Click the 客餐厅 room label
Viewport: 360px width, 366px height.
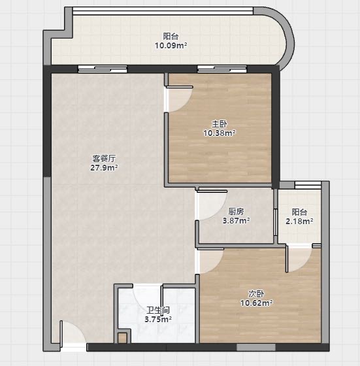coord(104,159)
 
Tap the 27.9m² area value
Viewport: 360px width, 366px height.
coord(104,167)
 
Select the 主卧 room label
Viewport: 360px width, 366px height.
coord(220,124)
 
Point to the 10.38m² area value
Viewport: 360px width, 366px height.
coord(220,133)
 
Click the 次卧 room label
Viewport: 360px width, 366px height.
coord(256,294)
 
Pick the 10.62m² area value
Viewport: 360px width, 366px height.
coord(257,303)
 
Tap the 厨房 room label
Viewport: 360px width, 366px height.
coord(236,212)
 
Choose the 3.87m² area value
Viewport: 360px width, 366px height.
coord(236,220)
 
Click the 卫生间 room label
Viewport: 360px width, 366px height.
coord(158,310)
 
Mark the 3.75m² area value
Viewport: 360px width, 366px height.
coord(158,320)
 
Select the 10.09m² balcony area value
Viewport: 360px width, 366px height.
coord(171,45)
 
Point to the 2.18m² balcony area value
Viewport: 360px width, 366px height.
coord(299,221)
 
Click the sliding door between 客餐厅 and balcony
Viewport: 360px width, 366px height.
coord(103,69)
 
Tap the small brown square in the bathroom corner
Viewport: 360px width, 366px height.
coord(122,338)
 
